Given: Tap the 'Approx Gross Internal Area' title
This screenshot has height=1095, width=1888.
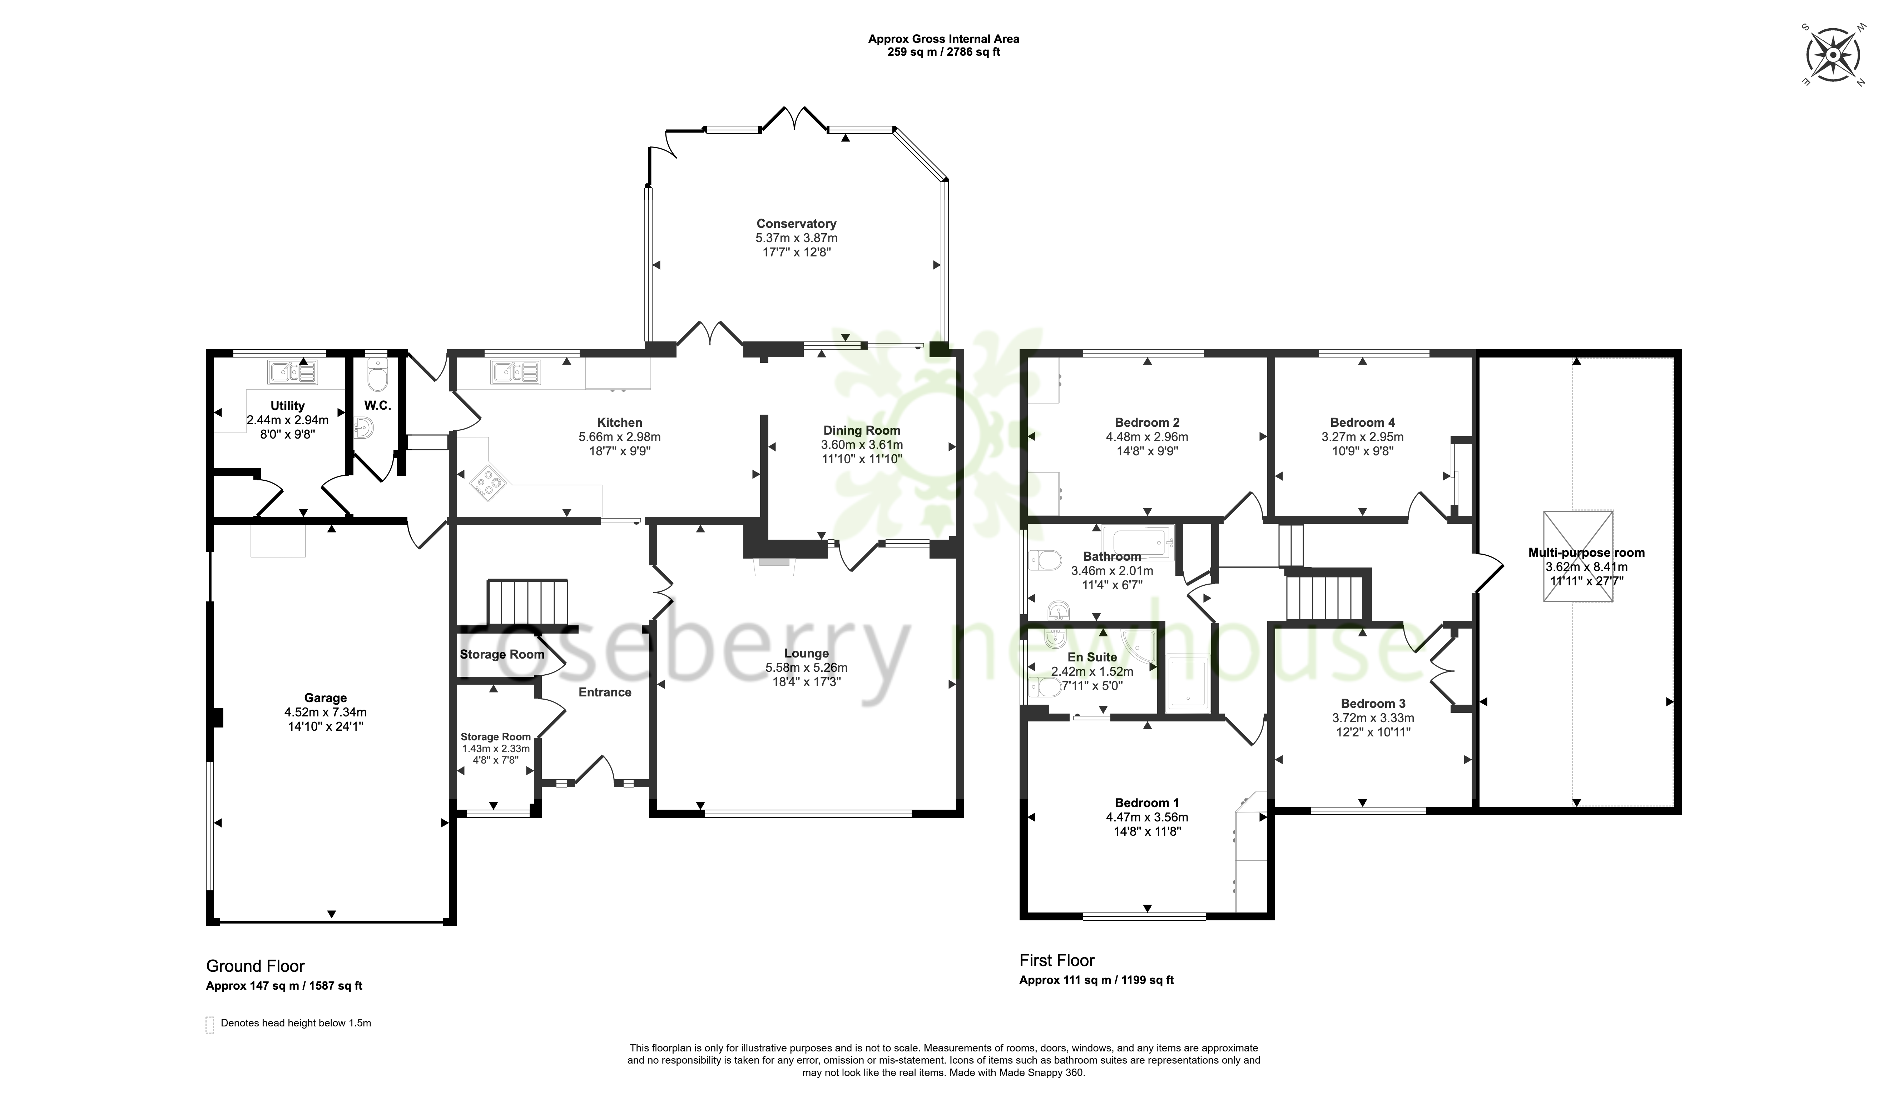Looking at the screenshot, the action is coord(943,39).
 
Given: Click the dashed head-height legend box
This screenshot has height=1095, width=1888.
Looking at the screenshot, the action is coord(210,1025).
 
